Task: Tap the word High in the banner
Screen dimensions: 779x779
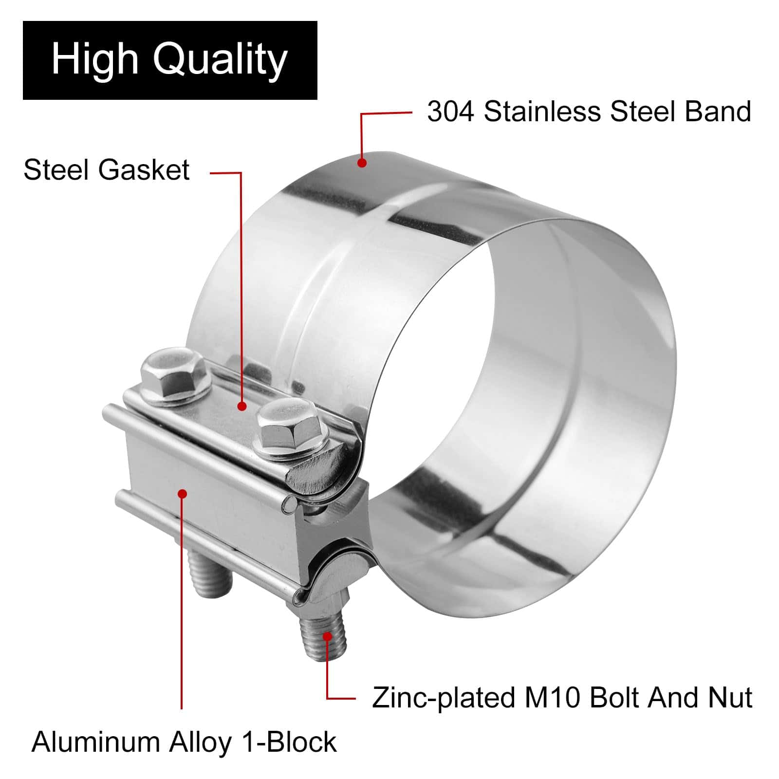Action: point(95,60)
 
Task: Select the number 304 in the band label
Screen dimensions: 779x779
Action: point(450,111)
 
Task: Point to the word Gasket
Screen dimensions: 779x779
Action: point(144,170)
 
